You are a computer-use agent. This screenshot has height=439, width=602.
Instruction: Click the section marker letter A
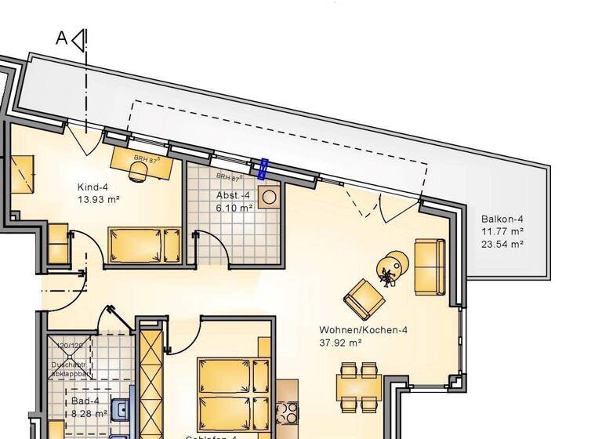61,37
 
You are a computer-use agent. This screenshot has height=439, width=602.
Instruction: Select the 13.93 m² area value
98,200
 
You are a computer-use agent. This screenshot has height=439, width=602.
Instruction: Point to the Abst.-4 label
233,195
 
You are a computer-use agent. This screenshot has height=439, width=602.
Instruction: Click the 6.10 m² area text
234,208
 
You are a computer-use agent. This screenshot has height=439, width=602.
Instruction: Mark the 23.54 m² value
502,245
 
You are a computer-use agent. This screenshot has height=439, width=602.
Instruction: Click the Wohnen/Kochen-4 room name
363,330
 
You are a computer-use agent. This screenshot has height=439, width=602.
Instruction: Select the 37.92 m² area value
339,343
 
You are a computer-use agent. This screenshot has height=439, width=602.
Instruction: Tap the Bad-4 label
80,401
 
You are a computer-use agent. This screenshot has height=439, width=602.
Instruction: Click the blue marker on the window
263,168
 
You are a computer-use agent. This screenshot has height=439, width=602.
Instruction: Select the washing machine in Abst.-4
269,197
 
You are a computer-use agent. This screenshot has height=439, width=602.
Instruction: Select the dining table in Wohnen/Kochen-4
359,387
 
